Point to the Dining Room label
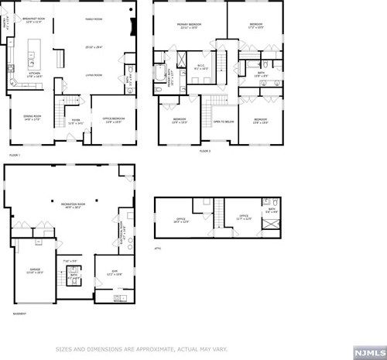tap(32, 117)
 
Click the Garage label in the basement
tap(34, 271)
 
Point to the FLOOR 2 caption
tap(204, 150)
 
